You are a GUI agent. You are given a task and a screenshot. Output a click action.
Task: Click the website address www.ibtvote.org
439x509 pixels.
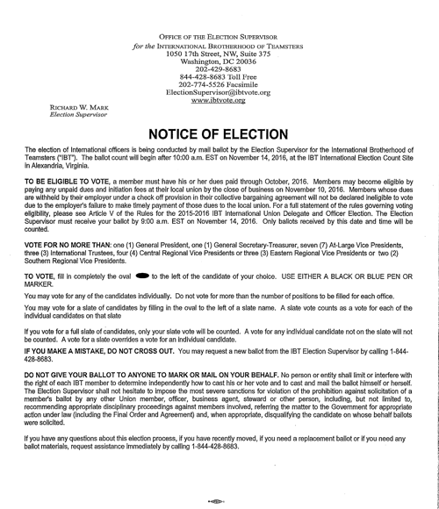(218, 100)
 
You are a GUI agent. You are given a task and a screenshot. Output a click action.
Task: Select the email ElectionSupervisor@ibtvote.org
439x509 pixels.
(218, 92)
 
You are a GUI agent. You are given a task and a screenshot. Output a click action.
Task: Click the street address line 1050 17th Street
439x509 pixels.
(218, 54)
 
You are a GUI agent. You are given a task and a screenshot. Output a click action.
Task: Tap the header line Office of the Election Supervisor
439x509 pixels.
(218, 36)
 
